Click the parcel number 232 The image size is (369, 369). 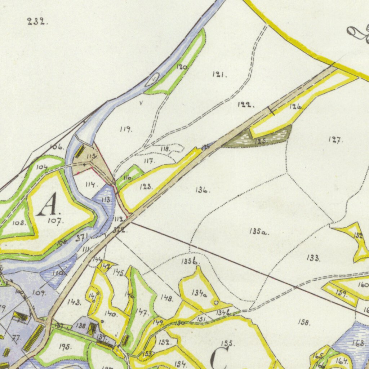point(37,22)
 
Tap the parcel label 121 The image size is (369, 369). point(219,75)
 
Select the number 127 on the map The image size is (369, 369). point(335,140)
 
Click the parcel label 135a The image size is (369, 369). point(258,232)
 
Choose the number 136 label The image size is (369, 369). point(203,190)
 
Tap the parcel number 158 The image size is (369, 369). point(304,322)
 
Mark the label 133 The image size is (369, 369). point(313,258)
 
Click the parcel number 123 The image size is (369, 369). point(146,187)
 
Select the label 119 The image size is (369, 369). point(126,129)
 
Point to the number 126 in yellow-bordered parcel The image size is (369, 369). point(295,107)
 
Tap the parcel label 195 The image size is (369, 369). point(65,347)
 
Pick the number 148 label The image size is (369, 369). point(167,298)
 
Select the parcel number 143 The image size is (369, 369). point(74,302)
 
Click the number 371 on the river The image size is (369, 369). point(82,237)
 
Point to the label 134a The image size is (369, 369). point(199,294)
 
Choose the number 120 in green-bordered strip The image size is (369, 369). point(182,67)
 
